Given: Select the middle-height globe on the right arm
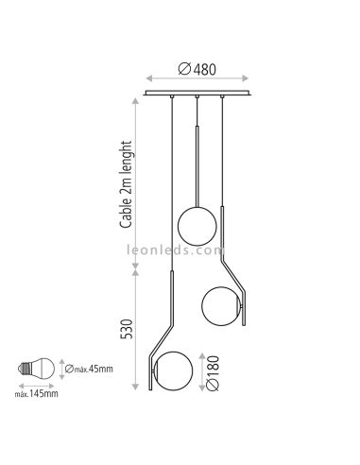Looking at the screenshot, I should point(221,304).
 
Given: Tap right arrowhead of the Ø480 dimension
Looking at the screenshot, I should point(251,78).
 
